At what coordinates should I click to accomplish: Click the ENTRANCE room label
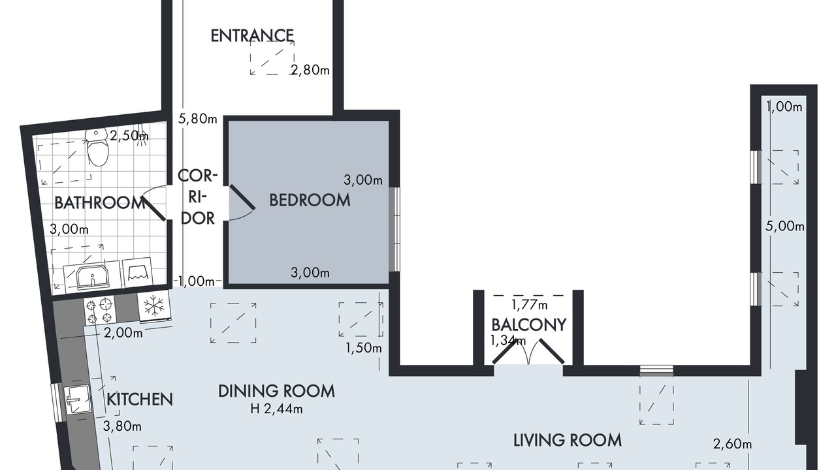point(252,36)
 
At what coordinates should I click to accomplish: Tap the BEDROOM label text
point(310,200)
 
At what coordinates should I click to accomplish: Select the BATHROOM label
point(100,203)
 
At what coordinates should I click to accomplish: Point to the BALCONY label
point(529,325)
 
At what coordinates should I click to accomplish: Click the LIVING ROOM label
point(568,441)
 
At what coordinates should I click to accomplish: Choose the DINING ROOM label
point(276,391)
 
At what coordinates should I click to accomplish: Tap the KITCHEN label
point(140,399)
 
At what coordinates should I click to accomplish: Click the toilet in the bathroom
point(97,148)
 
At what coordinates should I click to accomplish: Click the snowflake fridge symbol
point(154,306)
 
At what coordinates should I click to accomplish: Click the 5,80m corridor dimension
point(198,119)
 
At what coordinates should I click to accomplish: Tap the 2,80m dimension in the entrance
point(310,70)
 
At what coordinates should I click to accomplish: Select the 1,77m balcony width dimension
point(529,305)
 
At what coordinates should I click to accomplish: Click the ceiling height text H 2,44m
point(276,409)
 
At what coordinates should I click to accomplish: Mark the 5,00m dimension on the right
point(785,227)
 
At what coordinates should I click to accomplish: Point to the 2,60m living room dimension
point(732,445)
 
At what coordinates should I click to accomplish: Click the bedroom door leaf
point(242,197)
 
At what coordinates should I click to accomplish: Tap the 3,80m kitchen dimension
point(122,426)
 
